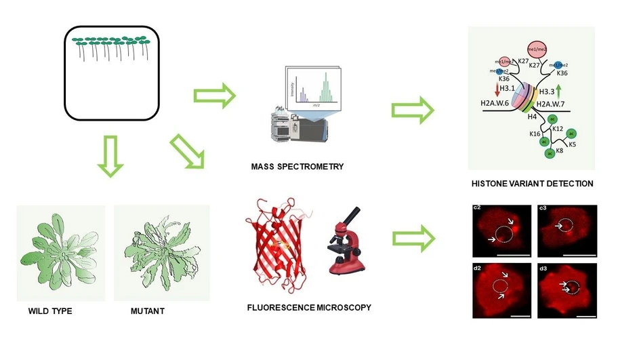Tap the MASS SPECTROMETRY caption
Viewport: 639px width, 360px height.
(x=297, y=167)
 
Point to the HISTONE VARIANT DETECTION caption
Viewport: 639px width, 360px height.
(x=533, y=184)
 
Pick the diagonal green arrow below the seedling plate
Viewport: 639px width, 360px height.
(x=189, y=151)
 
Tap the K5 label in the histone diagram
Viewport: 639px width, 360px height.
(x=573, y=144)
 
